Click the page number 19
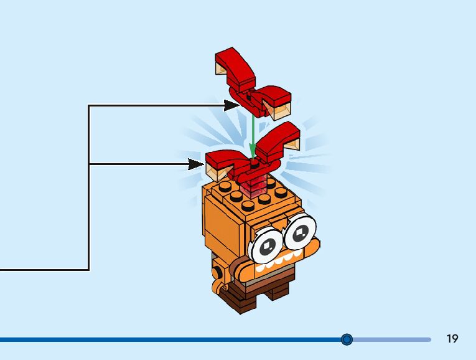point(452,339)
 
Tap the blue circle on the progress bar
point(347,339)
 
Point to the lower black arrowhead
point(196,164)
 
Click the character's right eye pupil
point(300,232)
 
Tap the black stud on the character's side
point(217,272)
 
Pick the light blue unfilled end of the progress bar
point(398,339)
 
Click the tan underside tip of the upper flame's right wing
point(281,111)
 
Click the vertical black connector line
point(89,187)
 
